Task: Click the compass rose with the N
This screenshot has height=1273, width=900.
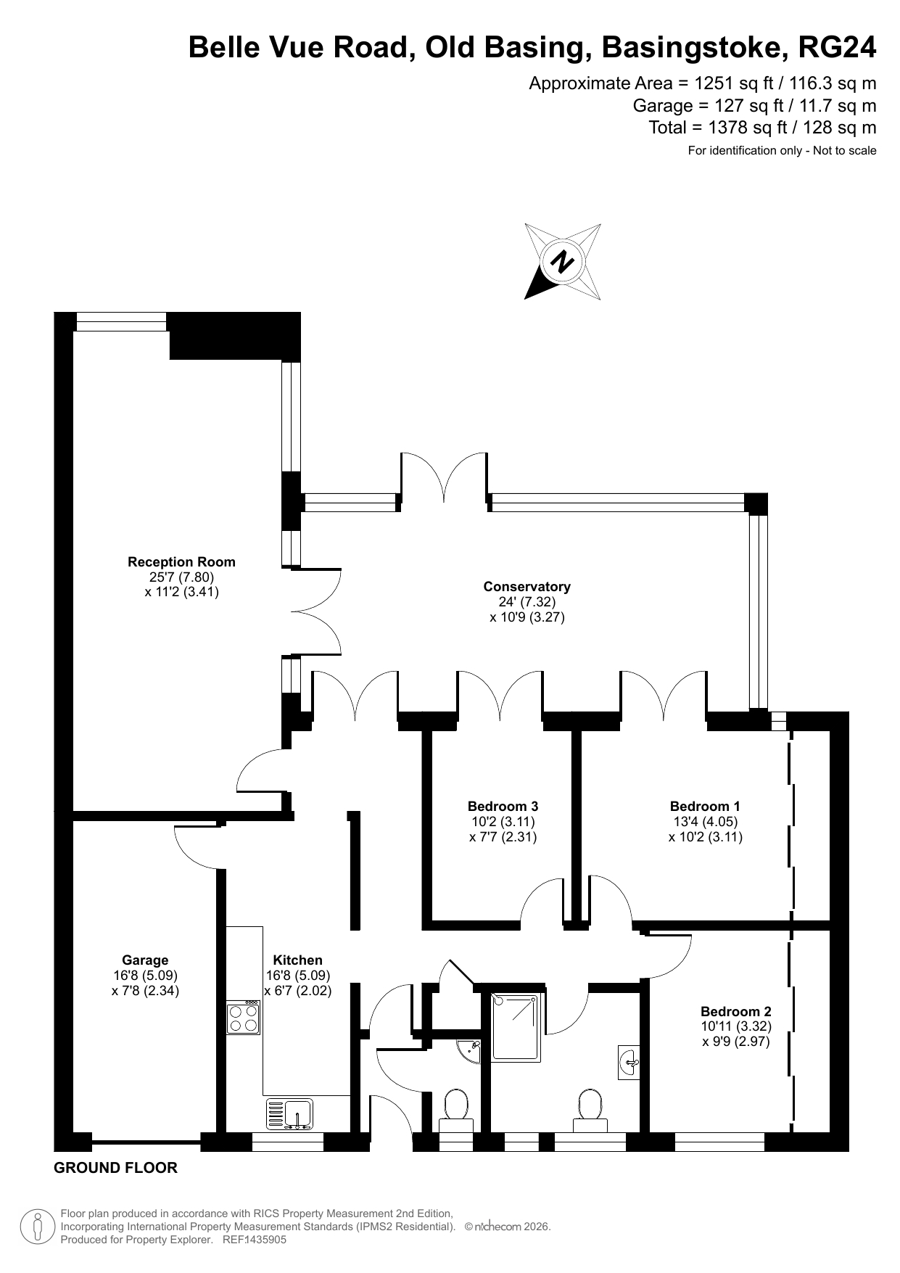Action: click(563, 261)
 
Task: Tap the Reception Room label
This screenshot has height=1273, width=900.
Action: click(181, 561)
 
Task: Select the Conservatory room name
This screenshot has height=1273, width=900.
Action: click(527, 586)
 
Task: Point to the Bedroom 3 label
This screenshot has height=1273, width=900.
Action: click(503, 806)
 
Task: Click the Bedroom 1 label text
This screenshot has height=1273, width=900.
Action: click(705, 806)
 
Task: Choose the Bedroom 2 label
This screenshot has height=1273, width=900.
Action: click(736, 1011)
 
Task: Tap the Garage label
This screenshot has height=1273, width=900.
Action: click(145, 960)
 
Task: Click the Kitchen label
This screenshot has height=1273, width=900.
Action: click(298, 960)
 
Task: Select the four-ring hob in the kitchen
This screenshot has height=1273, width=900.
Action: click(243, 1017)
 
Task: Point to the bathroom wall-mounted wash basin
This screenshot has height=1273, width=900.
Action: click(629, 1063)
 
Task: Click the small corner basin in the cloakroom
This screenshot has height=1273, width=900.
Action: click(471, 1050)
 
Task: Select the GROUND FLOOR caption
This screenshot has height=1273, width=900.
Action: click(116, 1168)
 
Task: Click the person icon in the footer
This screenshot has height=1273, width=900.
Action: click(38, 1226)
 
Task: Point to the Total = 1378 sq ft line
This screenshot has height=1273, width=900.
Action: click(762, 128)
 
